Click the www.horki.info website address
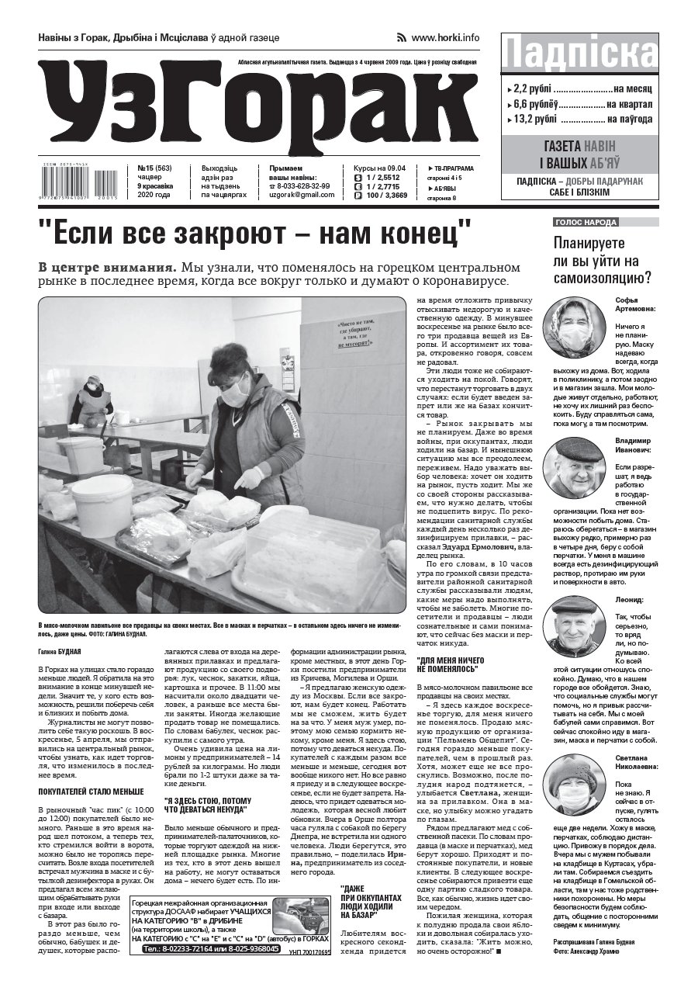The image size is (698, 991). (444, 37)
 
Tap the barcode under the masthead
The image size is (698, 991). (78, 183)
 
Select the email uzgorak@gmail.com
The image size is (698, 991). (302, 196)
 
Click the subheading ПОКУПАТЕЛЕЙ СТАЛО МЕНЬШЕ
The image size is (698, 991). (91, 792)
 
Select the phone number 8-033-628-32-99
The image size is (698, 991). (303, 186)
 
